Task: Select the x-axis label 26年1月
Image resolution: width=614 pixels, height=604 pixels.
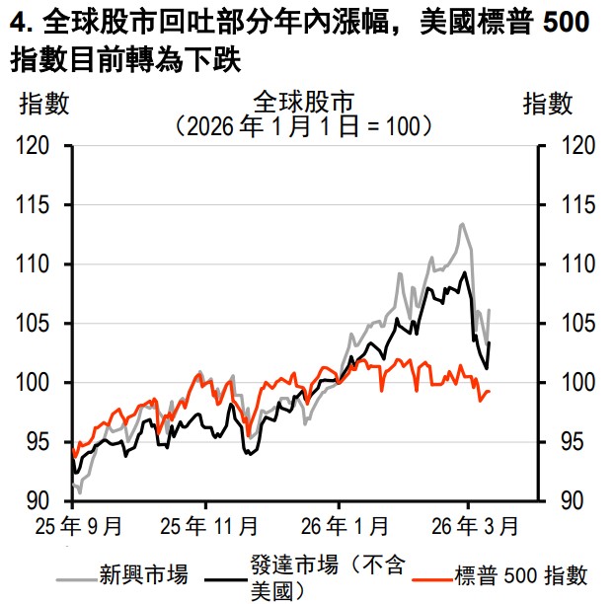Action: [x=339, y=523]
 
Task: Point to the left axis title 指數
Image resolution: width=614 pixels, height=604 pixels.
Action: [x=45, y=102]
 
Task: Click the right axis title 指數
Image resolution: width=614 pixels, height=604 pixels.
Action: [x=547, y=102]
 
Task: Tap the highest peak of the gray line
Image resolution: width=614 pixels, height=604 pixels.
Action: [x=462, y=224]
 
